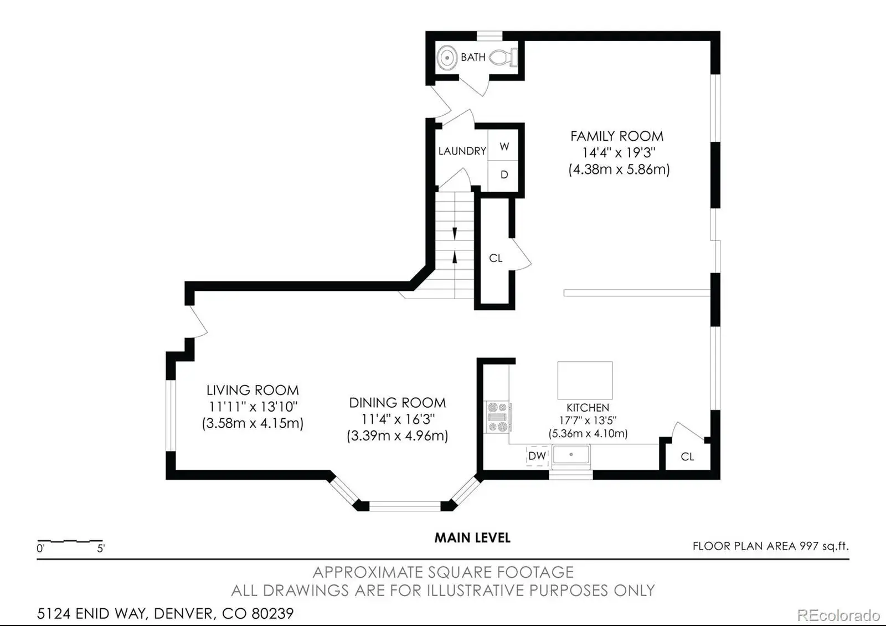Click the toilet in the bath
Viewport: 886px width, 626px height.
[x=503, y=58]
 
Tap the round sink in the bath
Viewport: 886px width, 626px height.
[x=447, y=58]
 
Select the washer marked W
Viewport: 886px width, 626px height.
[x=503, y=146]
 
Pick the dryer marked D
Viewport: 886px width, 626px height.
[x=503, y=175]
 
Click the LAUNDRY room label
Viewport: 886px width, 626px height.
[x=462, y=151]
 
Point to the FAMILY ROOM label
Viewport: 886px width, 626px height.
[x=617, y=136]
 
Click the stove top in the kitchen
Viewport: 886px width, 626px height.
[x=498, y=417]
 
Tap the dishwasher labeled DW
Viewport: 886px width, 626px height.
[x=537, y=456]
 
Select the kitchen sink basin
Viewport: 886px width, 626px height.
[x=571, y=455]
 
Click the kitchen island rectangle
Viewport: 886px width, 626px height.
[x=585, y=380]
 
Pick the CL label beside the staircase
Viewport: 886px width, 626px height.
[x=496, y=258]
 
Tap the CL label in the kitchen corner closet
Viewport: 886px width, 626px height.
[x=687, y=456]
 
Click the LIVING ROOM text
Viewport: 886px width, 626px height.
[x=253, y=390]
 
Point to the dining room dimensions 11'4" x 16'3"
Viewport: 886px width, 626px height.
[x=398, y=419]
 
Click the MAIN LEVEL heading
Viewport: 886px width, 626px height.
[x=473, y=538]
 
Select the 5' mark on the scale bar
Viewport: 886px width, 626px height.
[x=101, y=548]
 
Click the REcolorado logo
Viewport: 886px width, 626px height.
[x=838, y=615]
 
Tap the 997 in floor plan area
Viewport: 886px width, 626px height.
[x=809, y=546]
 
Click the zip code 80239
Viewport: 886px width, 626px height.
[x=272, y=614]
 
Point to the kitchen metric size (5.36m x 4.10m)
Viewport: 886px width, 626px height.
[x=588, y=433]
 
